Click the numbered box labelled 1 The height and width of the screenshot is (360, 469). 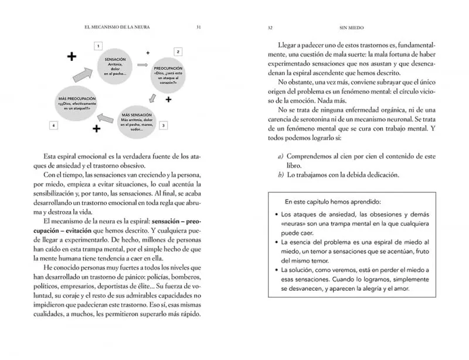click(98, 45)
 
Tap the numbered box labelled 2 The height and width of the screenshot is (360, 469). click(178, 52)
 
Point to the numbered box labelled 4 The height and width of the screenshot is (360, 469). click(53, 125)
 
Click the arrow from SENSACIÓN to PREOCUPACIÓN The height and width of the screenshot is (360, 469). click(142, 64)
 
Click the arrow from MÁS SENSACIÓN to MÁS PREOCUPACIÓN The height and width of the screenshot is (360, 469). click(106, 116)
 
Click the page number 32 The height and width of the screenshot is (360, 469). click(270, 27)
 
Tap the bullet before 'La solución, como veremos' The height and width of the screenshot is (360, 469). click(276, 270)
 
